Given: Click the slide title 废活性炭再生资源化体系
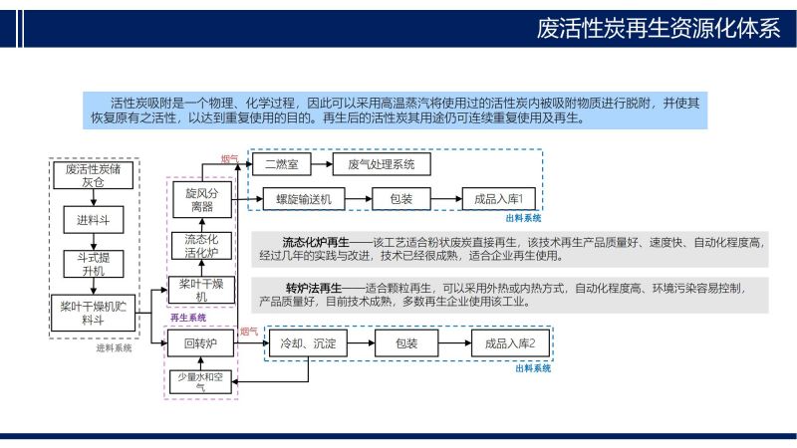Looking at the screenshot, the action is pos(659,28).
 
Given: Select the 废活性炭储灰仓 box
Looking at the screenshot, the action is pos(94,175).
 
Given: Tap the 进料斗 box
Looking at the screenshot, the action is pos(94,219).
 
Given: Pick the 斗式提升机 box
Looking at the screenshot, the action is pos(94,264).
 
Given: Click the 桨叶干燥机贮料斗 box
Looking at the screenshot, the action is pos(94,313).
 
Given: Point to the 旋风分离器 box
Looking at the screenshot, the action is pos(202,200).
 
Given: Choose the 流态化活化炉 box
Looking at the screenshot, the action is pos(202,246).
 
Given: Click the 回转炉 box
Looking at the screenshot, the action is pos(201,343).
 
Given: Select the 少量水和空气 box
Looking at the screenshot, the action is pos(200,381).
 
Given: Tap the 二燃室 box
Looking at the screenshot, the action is pos(282,164).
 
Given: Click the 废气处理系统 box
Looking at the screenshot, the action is pos(382,164).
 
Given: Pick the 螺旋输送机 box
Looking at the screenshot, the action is pos(304,199).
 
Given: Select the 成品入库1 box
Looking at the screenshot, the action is pos(499,199).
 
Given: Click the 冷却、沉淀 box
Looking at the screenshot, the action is pos(308,343).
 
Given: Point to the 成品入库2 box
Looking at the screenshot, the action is pos(510,343).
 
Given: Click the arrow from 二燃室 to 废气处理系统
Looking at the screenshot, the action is pos(322,164).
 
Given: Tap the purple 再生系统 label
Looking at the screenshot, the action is pos(188,318).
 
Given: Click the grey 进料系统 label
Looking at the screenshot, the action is pos(114,347).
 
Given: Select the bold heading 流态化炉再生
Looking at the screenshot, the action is pos(316,242).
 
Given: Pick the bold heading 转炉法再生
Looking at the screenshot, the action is pos(314,288).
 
